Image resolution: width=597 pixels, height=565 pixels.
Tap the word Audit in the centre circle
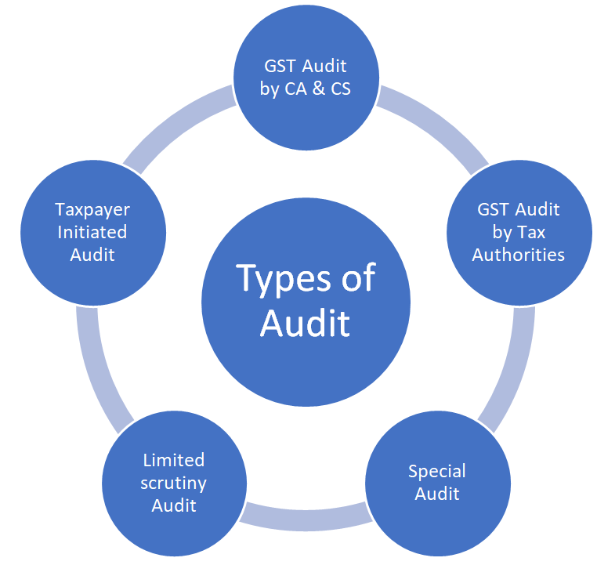point(305,323)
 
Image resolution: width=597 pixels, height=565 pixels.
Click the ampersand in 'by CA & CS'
point(319,89)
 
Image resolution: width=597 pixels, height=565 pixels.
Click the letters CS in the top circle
point(340,89)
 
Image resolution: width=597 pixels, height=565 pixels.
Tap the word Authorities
point(518,255)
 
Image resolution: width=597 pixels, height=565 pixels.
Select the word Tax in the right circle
point(532,232)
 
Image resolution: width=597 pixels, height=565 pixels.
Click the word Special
point(436,472)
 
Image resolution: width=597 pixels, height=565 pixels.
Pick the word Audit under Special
point(436,494)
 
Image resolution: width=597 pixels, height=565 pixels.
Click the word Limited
point(174,460)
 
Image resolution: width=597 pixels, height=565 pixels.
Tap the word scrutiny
point(174,484)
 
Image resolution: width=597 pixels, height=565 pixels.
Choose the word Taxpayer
point(92,211)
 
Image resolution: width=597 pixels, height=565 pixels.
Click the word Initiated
point(92,232)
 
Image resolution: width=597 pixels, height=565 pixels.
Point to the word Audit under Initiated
point(92,255)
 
